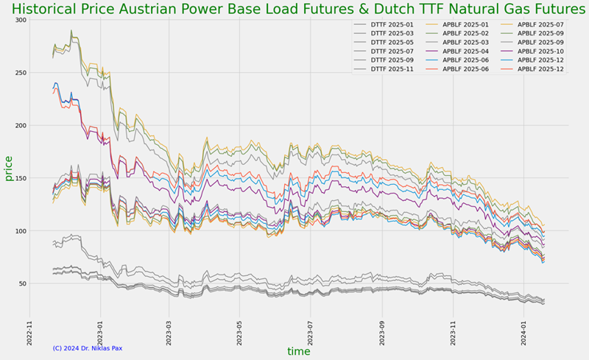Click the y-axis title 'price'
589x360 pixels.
coord(9,169)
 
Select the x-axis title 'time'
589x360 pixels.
coord(298,352)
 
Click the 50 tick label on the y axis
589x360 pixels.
coord(20,284)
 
